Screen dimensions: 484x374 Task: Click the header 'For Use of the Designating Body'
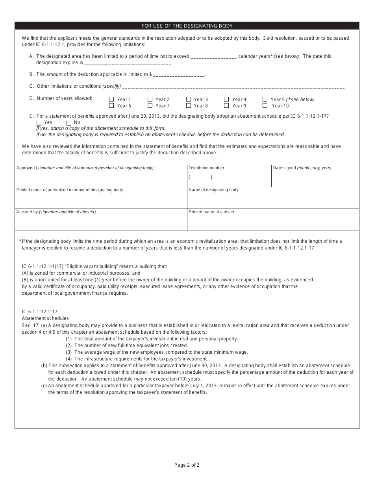pos(187,26)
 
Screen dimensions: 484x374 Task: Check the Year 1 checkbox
pos(111,100)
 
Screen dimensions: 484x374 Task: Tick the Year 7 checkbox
pos(150,105)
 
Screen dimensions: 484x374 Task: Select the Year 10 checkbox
pos(265,105)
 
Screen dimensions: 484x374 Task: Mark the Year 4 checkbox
pos(226,100)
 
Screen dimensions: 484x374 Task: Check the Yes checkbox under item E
pos(39,123)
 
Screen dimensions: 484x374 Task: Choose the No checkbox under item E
pos(69,123)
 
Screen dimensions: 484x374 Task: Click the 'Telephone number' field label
pos(206,168)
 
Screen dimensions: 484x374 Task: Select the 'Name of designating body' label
pos(213,190)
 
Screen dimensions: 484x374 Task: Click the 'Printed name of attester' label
pos(211,212)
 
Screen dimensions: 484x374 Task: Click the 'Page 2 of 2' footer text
pos(187,465)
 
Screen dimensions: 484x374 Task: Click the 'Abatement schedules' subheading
pos(45,318)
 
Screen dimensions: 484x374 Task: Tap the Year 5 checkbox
pos(265,100)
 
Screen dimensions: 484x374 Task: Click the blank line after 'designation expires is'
pos(128,63)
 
